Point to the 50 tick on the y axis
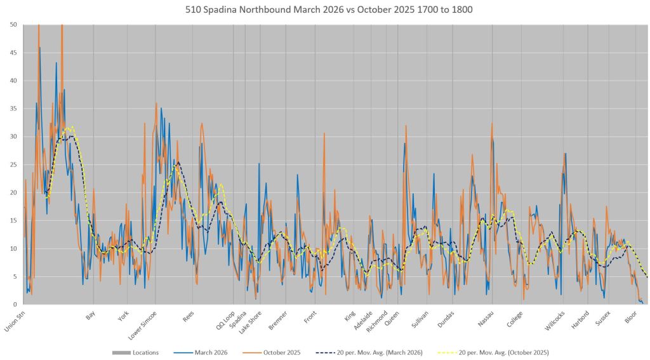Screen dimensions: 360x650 (13, 25)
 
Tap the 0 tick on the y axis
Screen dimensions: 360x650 (15, 304)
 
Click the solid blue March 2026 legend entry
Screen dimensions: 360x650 (209, 352)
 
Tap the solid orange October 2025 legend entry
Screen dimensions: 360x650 (279, 352)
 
